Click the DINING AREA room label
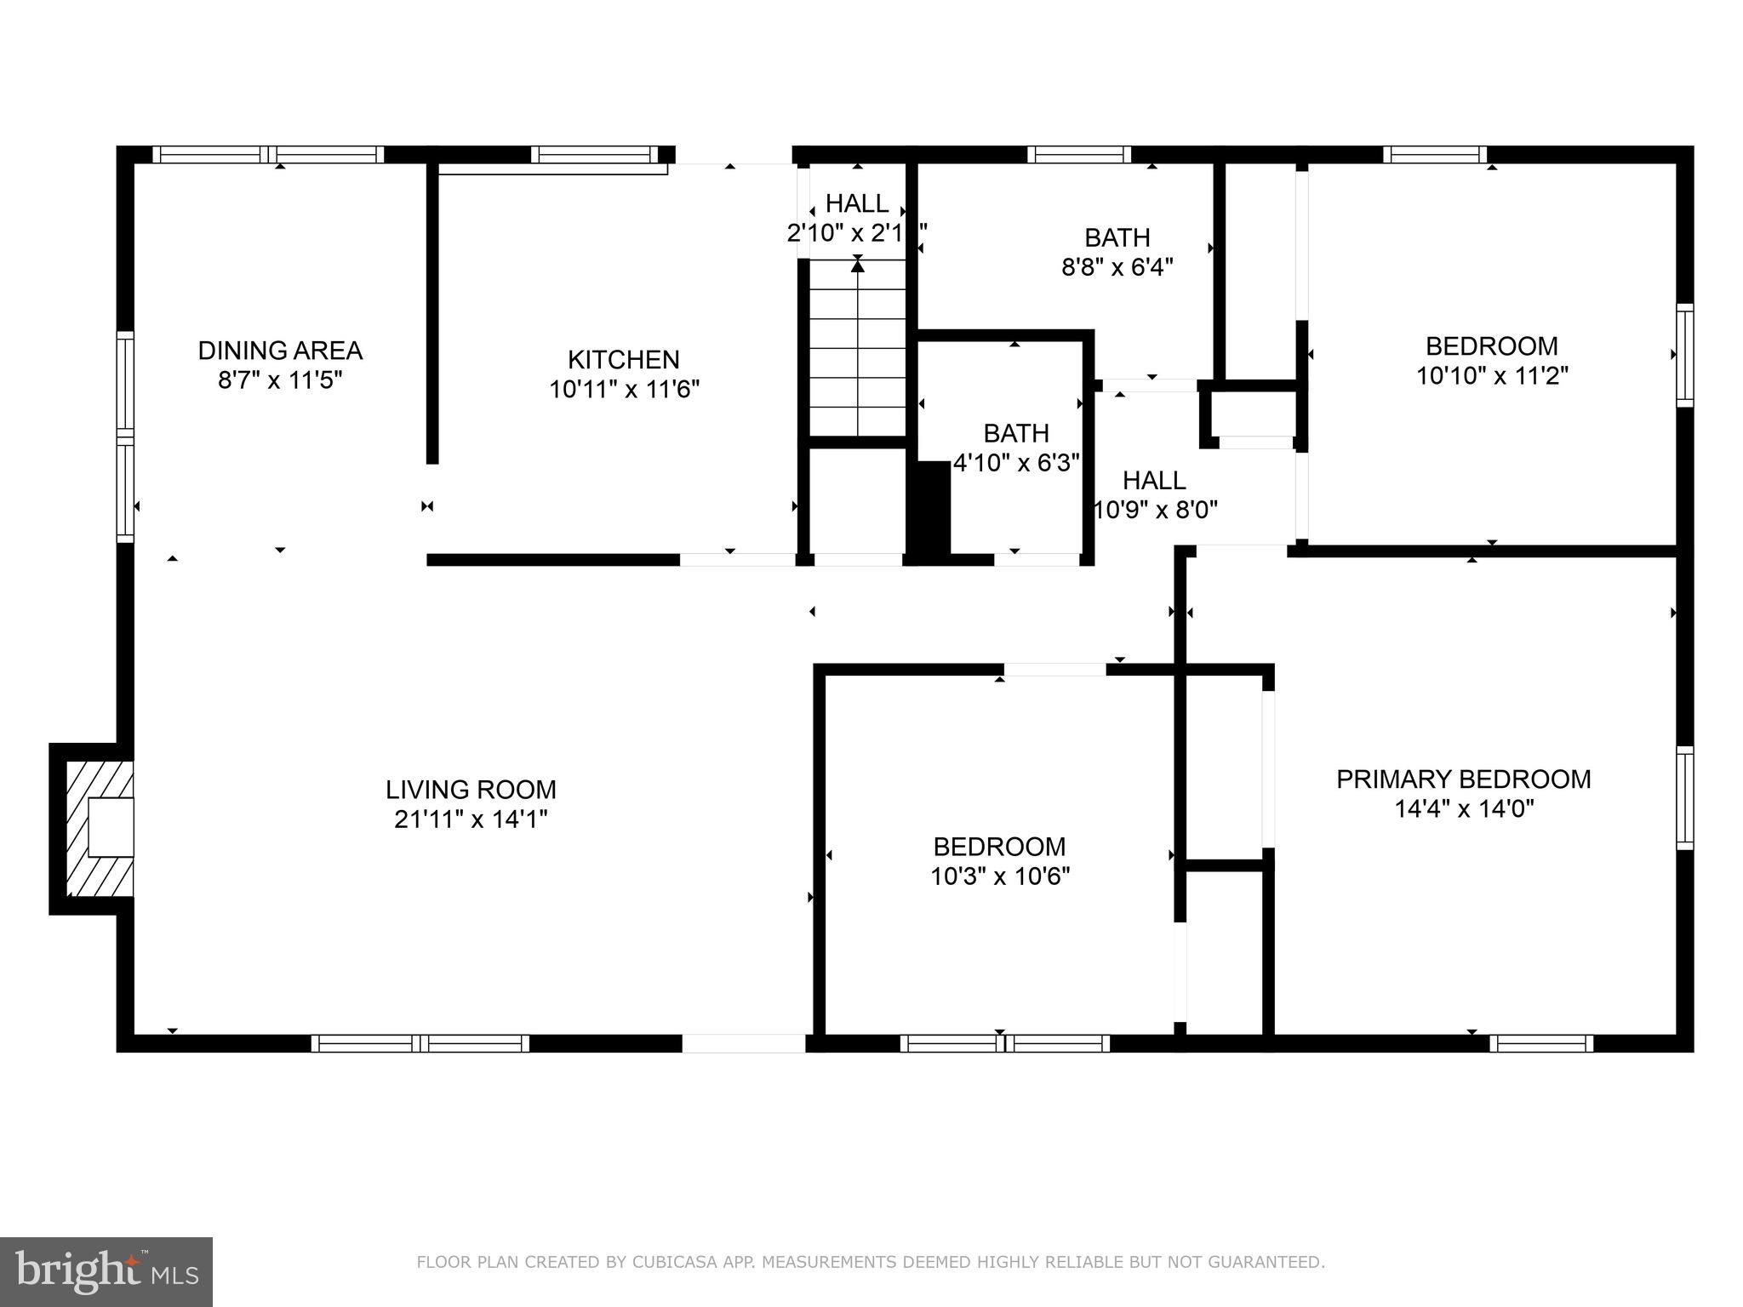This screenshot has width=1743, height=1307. (280, 351)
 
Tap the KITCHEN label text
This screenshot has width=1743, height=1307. (624, 360)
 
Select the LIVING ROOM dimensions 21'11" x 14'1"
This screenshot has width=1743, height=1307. (471, 819)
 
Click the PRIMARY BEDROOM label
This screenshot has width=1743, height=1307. (1463, 779)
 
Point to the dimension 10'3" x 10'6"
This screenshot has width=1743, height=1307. (1000, 876)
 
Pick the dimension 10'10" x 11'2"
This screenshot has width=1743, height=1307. (1492, 376)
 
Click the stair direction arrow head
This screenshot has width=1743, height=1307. (858, 266)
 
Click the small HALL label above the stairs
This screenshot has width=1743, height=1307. (857, 204)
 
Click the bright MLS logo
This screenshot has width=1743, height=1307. (106, 1272)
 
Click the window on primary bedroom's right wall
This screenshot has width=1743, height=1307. (1684, 797)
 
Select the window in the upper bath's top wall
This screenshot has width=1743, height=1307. (1078, 155)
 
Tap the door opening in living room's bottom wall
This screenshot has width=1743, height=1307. (743, 1043)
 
